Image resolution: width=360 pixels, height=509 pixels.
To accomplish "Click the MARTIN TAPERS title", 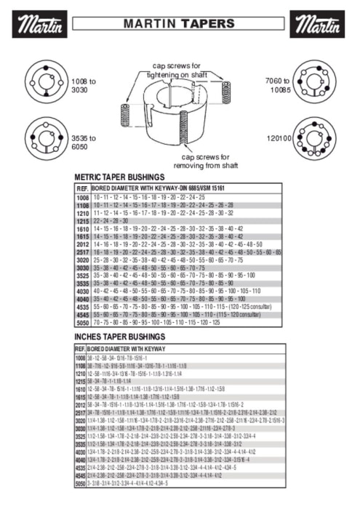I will tap(179, 24).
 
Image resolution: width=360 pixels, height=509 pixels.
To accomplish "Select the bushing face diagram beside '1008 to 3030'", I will tap(45, 83).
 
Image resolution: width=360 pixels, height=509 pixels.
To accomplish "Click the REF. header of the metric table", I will tap(81, 188).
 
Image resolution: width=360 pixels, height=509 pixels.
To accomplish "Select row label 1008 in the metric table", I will tap(81, 197).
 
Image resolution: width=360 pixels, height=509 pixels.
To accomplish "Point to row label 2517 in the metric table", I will tap(81, 251).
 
